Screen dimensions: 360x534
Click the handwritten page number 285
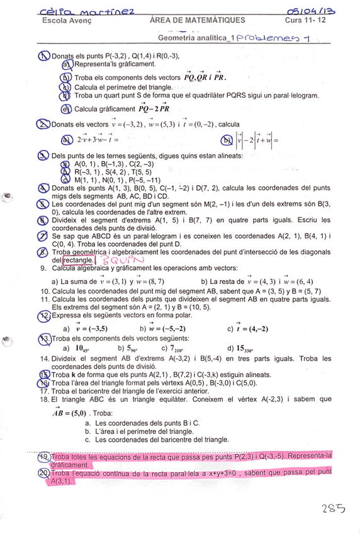pyautogui.click(x=332, y=508)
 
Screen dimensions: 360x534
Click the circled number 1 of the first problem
pyautogui.click(x=45, y=55)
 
